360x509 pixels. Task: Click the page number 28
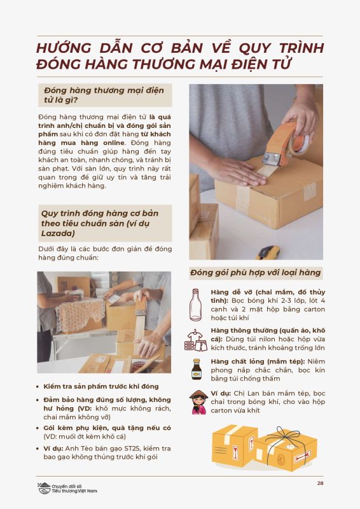pyautogui.click(x=320, y=483)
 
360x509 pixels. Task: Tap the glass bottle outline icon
pyautogui.click(x=195, y=305)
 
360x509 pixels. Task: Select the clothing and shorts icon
pyautogui.click(x=196, y=340)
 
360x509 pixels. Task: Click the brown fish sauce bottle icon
pyautogui.click(x=196, y=369)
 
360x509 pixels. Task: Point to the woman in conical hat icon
pyautogui.click(x=198, y=402)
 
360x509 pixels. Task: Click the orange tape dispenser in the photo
pyautogui.click(x=286, y=143)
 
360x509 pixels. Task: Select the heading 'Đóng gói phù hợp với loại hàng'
pyautogui.click(x=256, y=273)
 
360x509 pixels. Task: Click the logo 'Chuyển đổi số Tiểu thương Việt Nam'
pyautogui.click(x=67, y=488)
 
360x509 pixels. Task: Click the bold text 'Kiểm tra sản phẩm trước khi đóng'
pyautogui.click(x=101, y=387)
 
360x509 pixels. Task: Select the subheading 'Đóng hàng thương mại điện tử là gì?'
pyautogui.click(x=104, y=95)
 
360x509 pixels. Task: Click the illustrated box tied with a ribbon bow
pyautogui.click(x=286, y=448)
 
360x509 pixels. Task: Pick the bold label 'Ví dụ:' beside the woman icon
pyautogui.click(x=221, y=393)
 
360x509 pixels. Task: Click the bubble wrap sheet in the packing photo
pyautogui.click(x=80, y=314)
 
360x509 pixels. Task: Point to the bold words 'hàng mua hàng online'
pyautogui.click(x=81, y=143)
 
